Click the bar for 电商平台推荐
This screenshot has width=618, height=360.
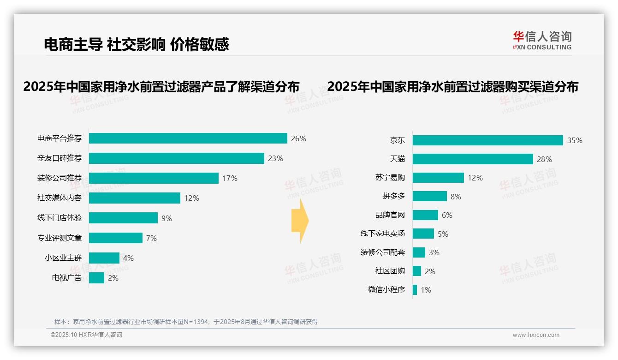click(x=188, y=138)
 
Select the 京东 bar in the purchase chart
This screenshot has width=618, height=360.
click(x=487, y=140)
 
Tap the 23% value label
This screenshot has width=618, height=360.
click(x=275, y=158)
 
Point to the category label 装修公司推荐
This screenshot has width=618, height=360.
click(x=59, y=178)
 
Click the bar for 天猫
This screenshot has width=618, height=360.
click(x=473, y=159)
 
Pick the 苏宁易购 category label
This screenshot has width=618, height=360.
click(x=390, y=178)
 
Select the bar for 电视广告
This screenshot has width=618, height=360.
click(x=96, y=278)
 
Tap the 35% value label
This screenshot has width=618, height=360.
click(x=575, y=140)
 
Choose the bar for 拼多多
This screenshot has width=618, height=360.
click(x=429, y=197)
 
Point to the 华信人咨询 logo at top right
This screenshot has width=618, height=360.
click(x=542, y=40)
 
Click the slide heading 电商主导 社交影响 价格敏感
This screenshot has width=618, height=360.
click(x=137, y=44)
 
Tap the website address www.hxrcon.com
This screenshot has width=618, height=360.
click(x=536, y=335)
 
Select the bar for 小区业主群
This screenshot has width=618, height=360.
click(x=104, y=258)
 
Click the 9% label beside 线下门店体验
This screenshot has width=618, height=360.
click(x=166, y=218)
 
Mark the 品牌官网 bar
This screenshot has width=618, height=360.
click(x=425, y=215)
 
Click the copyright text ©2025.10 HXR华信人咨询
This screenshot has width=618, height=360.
click(x=86, y=335)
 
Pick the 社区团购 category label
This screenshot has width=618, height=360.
click(x=390, y=271)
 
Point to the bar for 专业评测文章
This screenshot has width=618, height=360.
click(x=116, y=238)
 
